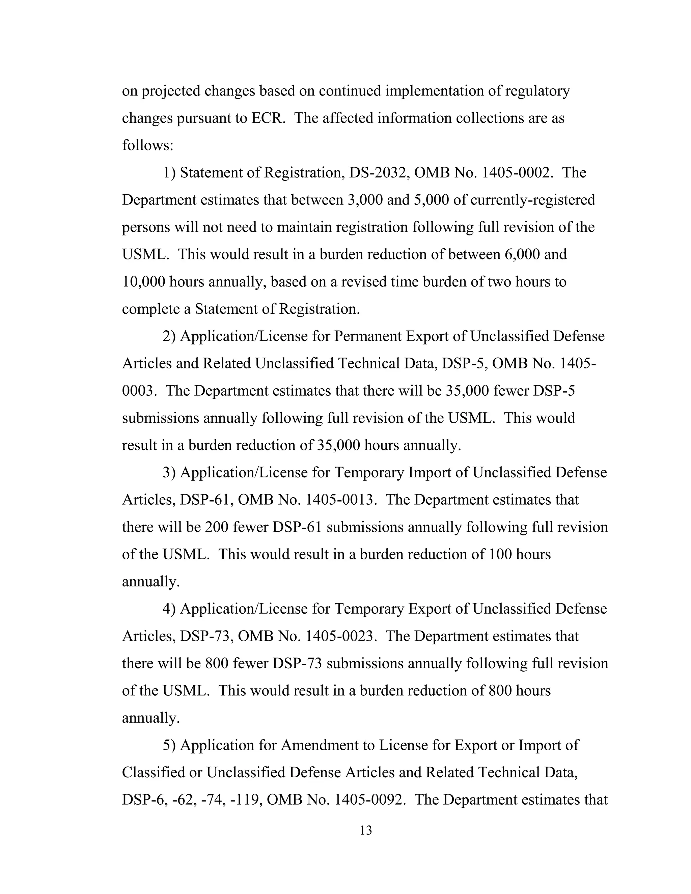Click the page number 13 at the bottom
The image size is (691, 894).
[365, 830]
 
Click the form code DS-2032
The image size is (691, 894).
[378, 173]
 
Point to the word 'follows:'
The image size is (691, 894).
[148, 145]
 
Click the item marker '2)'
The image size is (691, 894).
[169, 336]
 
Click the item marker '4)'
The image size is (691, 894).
[169, 609]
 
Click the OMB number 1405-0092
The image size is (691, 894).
[368, 800]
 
